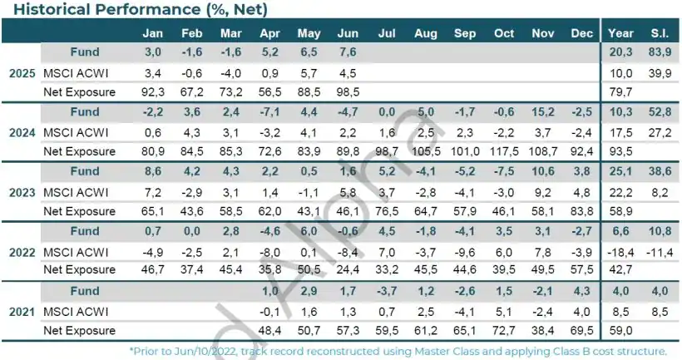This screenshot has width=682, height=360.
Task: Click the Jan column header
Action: pyautogui.click(x=153, y=32)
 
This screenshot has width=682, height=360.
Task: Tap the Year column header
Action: pyautogui.click(x=620, y=32)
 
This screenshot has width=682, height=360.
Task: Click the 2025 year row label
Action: pyautogui.click(x=21, y=73)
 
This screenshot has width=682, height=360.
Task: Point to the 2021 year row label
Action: pyautogui.click(x=21, y=311)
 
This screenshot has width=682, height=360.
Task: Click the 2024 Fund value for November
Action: pyautogui.click(x=543, y=112)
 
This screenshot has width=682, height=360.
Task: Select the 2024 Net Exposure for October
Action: pyautogui.click(x=504, y=152)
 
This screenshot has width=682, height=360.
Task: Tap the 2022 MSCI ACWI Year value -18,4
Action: pyautogui.click(x=620, y=251)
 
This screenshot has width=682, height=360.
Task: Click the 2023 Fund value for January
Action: pyautogui.click(x=153, y=172)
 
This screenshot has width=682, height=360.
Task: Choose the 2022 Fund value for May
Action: pyautogui.click(x=309, y=231)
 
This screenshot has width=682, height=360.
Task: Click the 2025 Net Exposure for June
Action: pyautogui.click(x=348, y=92)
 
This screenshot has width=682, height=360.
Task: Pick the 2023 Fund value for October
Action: pyautogui.click(x=504, y=172)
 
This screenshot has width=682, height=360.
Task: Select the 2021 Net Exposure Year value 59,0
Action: pyautogui.click(x=620, y=330)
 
